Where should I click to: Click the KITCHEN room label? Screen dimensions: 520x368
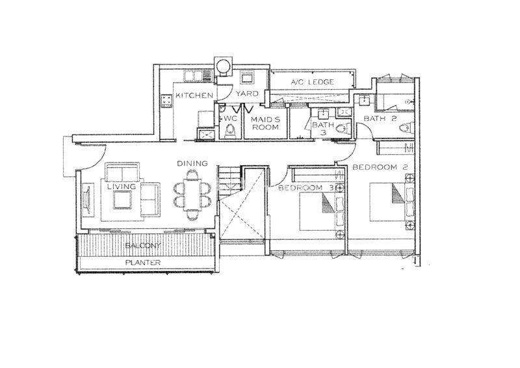tap(194, 96)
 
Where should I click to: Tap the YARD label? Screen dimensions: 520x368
tap(247, 94)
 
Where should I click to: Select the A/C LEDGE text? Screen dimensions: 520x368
tap(312, 82)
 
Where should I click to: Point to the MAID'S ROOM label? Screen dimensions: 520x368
tap(265, 123)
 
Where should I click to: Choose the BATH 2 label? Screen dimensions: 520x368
tap(380, 118)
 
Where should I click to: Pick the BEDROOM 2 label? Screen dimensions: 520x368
tap(380, 167)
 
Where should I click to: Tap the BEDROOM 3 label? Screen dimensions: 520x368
tap(305, 188)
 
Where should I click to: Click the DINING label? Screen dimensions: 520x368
tap(192, 163)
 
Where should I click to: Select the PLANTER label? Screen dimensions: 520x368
tap(143, 263)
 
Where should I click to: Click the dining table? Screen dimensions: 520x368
tap(192, 194)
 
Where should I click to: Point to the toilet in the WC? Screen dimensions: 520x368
tap(229, 131)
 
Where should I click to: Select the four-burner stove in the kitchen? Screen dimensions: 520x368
tap(166, 101)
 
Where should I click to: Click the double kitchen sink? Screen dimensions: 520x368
tap(192, 76)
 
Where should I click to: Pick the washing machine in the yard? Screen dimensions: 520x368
tap(247, 77)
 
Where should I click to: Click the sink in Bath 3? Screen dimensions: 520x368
tap(322, 114)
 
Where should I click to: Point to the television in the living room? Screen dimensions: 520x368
tap(88, 200)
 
